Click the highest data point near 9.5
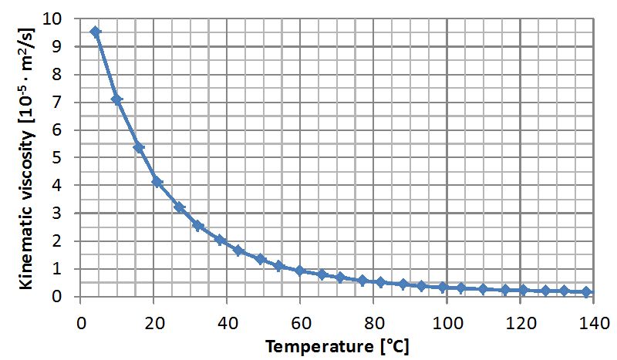[x=96, y=32]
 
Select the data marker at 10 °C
[x=117, y=99]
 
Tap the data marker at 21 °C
[x=157, y=182]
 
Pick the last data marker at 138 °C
[x=587, y=292]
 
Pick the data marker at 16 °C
[x=140, y=147]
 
